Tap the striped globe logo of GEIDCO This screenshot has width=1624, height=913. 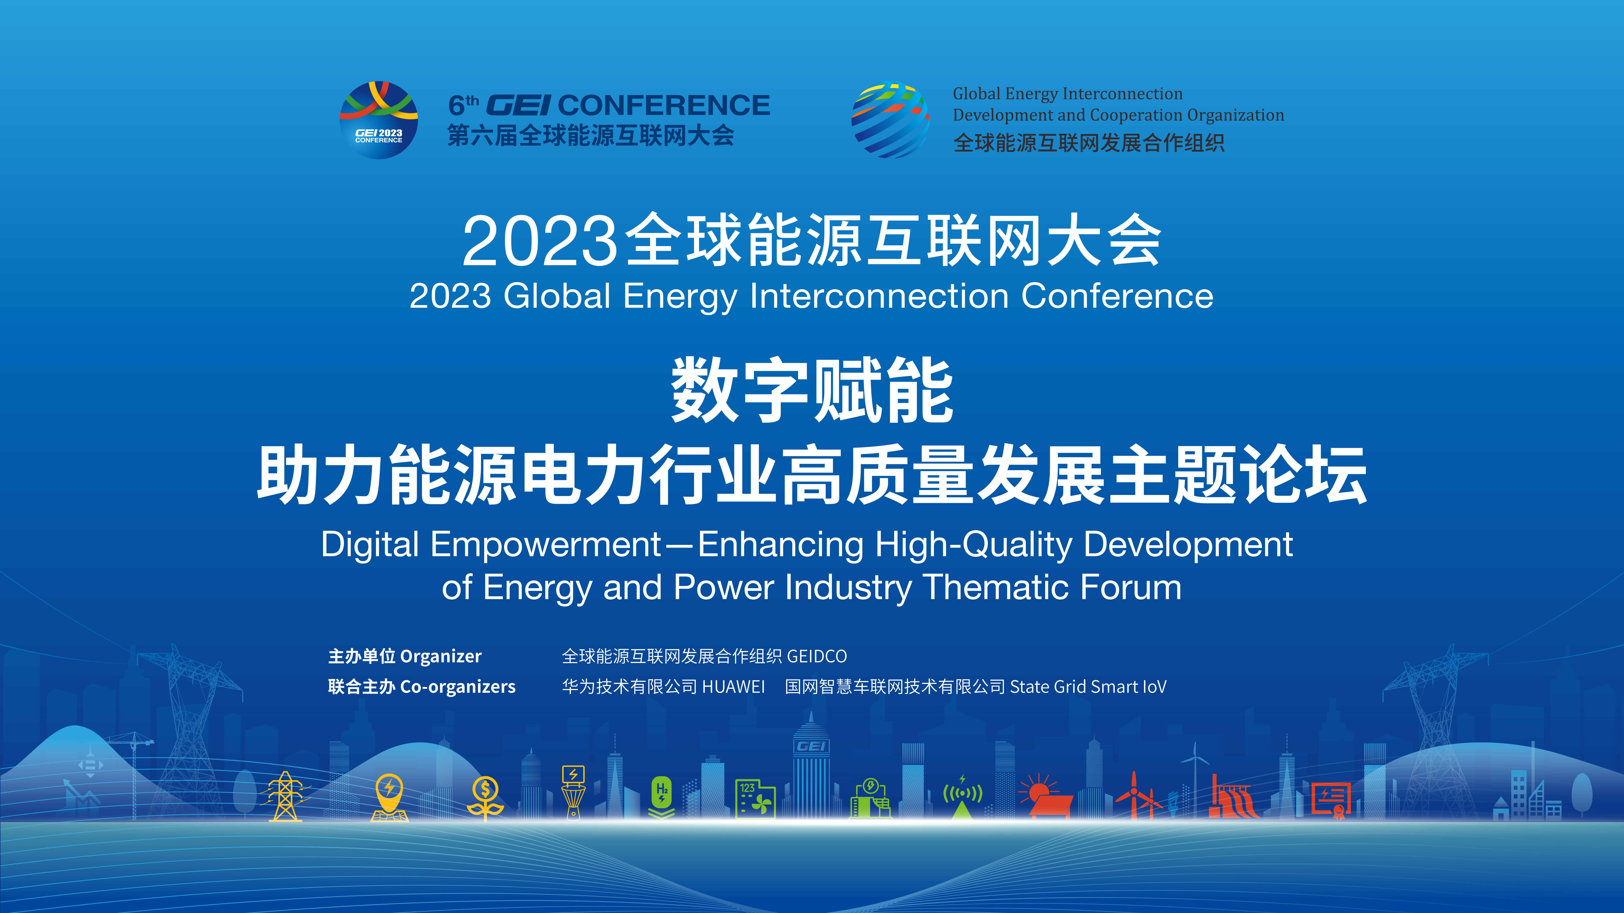point(890,120)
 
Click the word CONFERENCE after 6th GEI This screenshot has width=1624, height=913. point(664,105)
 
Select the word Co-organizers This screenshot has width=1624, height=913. point(458,687)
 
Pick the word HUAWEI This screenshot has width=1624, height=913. point(733,687)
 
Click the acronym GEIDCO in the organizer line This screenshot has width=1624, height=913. point(817,657)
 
